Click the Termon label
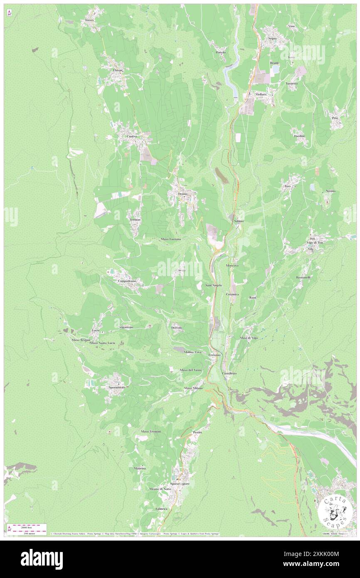pos(135,220)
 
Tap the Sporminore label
pos(115,387)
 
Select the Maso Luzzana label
pos(171,239)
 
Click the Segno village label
pos(272,38)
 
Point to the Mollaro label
pos(261,94)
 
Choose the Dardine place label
pos(299,136)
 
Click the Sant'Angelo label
pos(214,285)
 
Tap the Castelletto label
pos(229,373)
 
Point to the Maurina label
pos(140,469)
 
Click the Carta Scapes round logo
pos(335,510)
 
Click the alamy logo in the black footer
pos(42,559)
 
